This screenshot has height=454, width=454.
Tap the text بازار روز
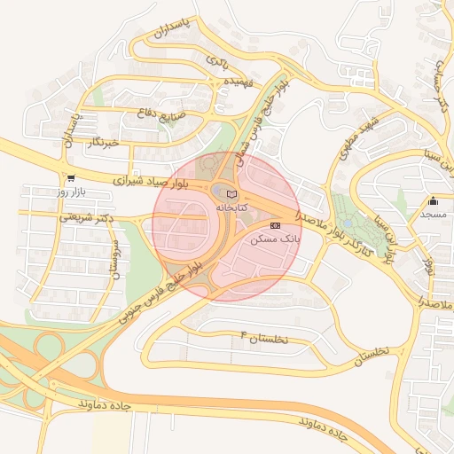(x=70, y=192)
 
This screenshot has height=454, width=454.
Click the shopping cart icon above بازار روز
(x=70, y=177)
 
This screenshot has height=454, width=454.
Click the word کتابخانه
(x=231, y=207)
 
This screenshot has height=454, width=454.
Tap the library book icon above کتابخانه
(x=231, y=193)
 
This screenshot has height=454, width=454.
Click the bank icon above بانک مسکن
(x=275, y=226)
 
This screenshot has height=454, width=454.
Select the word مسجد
(x=434, y=215)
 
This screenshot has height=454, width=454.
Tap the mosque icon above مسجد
(x=434, y=200)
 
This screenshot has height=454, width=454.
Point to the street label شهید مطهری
(x=364, y=130)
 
